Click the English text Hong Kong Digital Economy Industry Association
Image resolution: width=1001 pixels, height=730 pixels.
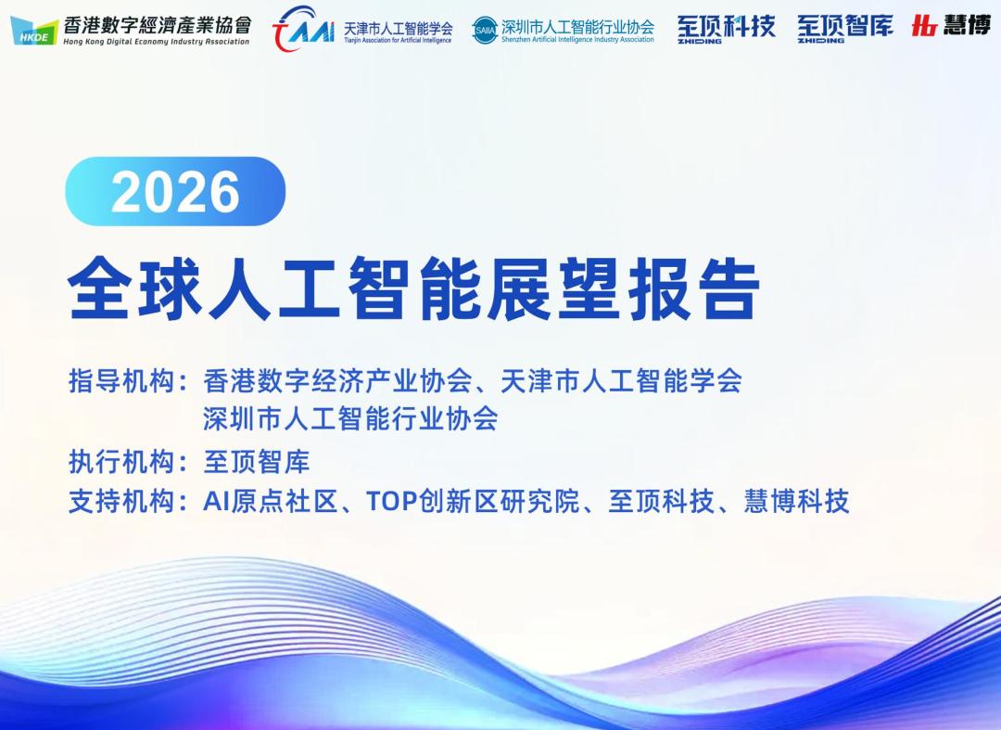(x=157, y=42)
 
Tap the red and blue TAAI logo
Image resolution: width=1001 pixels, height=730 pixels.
(x=303, y=28)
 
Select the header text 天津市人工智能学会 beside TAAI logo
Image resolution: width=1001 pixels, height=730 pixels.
(x=399, y=28)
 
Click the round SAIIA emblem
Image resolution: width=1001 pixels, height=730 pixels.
(x=485, y=30)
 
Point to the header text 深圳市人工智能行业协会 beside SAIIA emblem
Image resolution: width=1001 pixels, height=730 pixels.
(x=577, y=27)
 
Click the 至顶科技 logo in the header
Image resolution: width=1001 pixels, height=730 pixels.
(x=727, y=29)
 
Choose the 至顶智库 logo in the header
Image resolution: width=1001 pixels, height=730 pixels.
(x=844, y=29)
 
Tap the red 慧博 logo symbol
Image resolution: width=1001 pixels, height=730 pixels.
(x=924, y=26)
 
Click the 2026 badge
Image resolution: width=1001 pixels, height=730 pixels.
(x=175, y=191)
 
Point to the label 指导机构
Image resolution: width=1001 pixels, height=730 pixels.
(x=121, y=381)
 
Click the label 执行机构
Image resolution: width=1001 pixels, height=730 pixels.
(x=121, y=462)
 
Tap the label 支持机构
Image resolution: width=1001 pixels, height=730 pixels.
(x=121, y=502)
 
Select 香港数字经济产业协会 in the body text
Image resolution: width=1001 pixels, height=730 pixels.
(x=337, y=381)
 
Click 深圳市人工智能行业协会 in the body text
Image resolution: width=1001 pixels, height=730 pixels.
(x=350, y=419)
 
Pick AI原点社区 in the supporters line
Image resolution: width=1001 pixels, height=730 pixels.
(x=270, y=502)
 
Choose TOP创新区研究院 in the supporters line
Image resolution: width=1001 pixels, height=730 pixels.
(x=473, y=502)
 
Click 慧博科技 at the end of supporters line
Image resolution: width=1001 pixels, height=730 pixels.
(x=797, y=502)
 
